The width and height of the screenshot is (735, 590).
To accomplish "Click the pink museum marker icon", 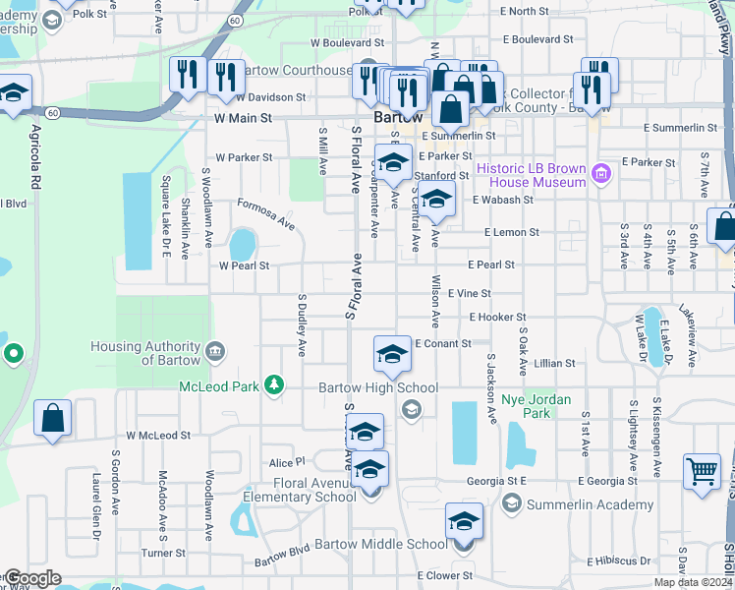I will [602, 176].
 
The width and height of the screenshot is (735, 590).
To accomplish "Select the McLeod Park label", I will [218, 385].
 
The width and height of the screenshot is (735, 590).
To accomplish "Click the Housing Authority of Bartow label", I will [145, 353].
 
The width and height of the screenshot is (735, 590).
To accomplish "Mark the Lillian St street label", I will [555, 364].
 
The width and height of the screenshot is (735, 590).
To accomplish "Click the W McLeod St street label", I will [158, 435].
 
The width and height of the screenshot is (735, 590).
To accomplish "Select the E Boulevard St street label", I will [537, 40].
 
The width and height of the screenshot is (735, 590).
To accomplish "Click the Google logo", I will [32, 578].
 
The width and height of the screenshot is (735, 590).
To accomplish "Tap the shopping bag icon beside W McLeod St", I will [53, 418].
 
